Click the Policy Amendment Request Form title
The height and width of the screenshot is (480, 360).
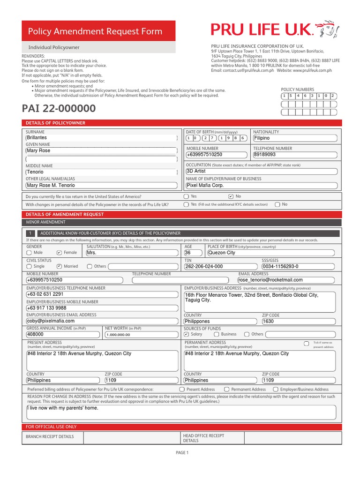point(95,31)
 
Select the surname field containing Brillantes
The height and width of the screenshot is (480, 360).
point(101,138)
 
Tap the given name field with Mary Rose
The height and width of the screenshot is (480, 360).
point(101,151)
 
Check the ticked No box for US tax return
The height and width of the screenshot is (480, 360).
point(231,196)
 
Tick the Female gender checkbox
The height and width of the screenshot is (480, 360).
point(59,253)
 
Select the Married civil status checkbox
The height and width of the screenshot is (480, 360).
point(59,266)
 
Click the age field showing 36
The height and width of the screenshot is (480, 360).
point(193,253)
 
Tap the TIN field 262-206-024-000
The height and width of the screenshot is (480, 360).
point(220,266)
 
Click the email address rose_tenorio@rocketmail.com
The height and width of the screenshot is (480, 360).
point(287,280)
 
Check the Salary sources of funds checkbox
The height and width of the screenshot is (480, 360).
point(187,335)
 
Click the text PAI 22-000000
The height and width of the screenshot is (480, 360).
point(59,109)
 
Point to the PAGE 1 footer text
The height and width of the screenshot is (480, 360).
point(181,453)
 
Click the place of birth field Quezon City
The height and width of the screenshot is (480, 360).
point(271,253)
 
